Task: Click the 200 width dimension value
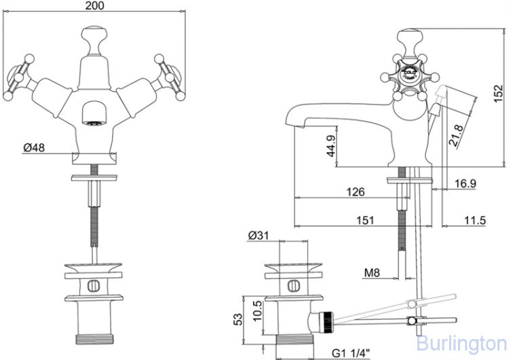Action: coord(94,6)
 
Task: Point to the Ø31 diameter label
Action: coord(259,235)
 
